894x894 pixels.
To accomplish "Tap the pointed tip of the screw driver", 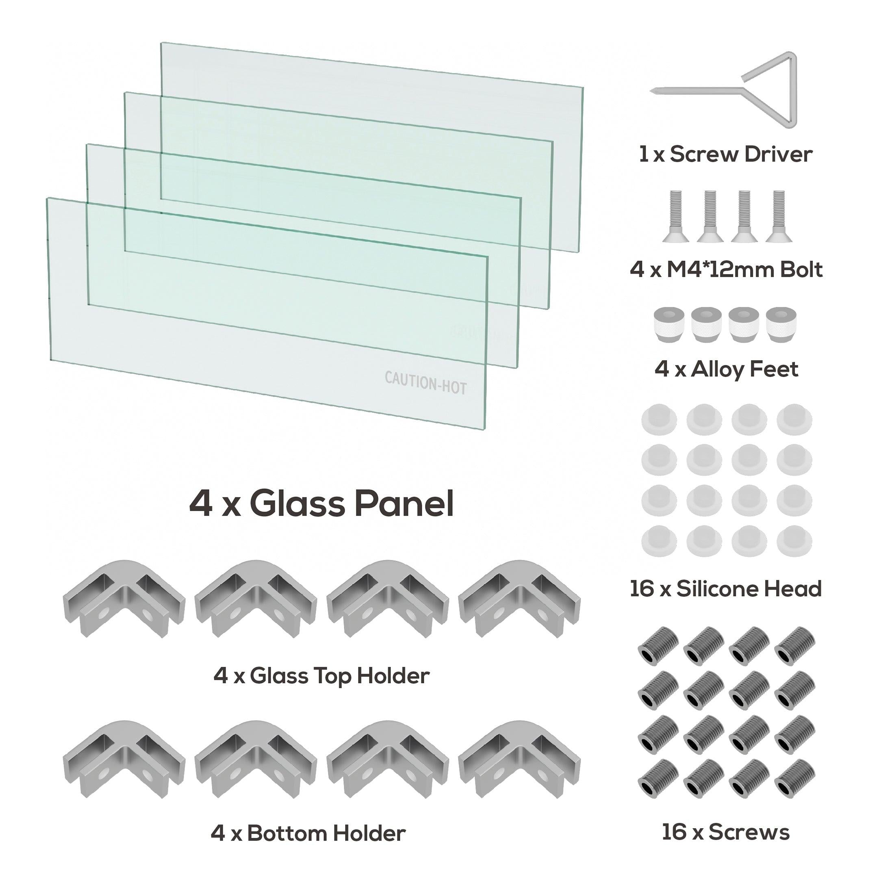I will tap(653, 91).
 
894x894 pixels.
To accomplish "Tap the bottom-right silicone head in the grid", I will tap(794, 540).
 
